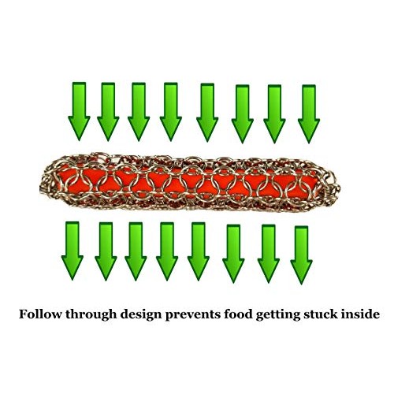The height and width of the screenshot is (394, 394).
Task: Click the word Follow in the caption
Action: [x=40, y=314]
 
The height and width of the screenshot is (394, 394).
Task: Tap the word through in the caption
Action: [x=91, y=315]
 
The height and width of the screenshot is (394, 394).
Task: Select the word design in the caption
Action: [x=141, y=315]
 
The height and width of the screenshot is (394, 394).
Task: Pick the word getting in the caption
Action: [x=279, y=315]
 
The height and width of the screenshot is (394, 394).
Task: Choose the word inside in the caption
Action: [x=360, y=314]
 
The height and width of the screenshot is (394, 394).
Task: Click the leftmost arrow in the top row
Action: [x=79, y=111]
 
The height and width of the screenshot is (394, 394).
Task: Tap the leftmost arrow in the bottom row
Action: [x=72, y=251]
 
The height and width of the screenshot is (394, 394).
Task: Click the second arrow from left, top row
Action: [x=108, y=112]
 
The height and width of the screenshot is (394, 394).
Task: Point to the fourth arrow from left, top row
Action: [x=171, y=112]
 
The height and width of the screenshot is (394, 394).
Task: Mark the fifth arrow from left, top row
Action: [x=207, y=113]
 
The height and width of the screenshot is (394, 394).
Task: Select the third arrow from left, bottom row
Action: [x=136, y=251]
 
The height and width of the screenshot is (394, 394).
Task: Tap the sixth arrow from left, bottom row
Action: [x=233, y=254]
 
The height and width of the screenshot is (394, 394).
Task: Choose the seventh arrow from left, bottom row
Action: [x=269, y=254]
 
